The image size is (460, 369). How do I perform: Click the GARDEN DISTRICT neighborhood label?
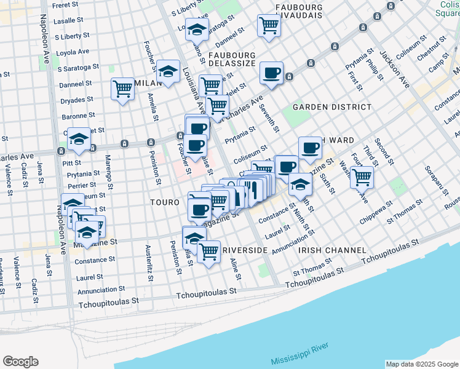coord(332,107)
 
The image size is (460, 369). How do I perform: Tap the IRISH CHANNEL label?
coord(332,250)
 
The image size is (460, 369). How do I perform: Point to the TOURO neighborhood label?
coord(165,202)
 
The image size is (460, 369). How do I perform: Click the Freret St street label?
coord(68,5)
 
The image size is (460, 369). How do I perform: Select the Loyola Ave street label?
coord(72,52)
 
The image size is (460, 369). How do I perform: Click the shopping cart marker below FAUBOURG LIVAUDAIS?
coord(269,25)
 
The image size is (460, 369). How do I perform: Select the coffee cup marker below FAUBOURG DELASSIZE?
coord(271,74)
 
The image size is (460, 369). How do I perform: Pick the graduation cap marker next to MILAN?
coord(168,72)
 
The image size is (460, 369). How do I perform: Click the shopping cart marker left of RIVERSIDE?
coord(209,251)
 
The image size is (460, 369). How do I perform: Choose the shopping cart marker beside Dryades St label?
coord(122,89)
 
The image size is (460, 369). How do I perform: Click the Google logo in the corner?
coord(20,362)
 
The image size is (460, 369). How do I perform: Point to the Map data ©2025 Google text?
coord(421,364)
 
